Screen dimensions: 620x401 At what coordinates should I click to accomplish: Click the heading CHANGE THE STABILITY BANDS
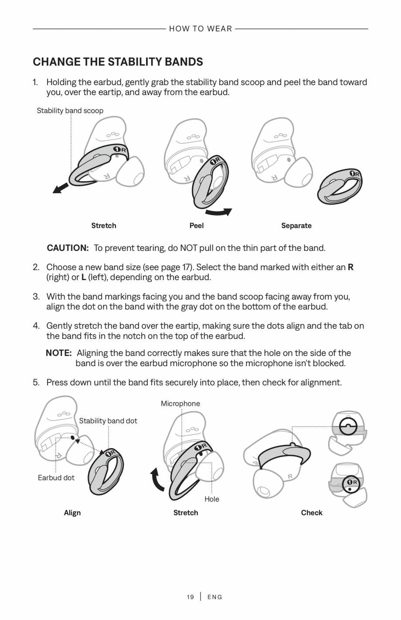click(118, 62)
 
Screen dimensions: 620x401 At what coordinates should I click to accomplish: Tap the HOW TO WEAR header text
click(200, 29)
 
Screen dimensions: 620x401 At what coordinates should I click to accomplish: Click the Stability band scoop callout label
click(70, 111)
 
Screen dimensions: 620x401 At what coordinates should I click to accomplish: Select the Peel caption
click(197, 226)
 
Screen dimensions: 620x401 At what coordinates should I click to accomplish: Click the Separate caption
click(296, 226)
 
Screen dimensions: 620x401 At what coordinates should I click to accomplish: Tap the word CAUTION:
click(68, 248)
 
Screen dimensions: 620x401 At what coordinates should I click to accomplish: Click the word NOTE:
click(59, 353)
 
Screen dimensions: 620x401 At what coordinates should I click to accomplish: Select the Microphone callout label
click(180, 404)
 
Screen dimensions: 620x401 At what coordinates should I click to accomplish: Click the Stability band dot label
click(108, 421)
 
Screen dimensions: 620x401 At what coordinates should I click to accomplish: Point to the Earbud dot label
click(56, 477)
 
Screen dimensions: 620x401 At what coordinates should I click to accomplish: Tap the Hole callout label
click(212, 499)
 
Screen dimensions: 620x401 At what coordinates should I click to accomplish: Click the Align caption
click(72, 513)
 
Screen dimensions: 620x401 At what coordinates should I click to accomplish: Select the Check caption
click(312, 513)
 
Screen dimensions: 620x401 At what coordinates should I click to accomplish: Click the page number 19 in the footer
click(190, 597)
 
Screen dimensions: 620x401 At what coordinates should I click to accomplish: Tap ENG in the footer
click(215, 597)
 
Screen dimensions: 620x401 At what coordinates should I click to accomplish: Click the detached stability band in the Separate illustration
click(340, 187)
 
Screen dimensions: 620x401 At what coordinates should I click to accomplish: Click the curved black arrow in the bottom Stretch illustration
click(156, 480)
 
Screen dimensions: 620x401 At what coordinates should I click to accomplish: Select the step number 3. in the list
click(37, 297)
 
